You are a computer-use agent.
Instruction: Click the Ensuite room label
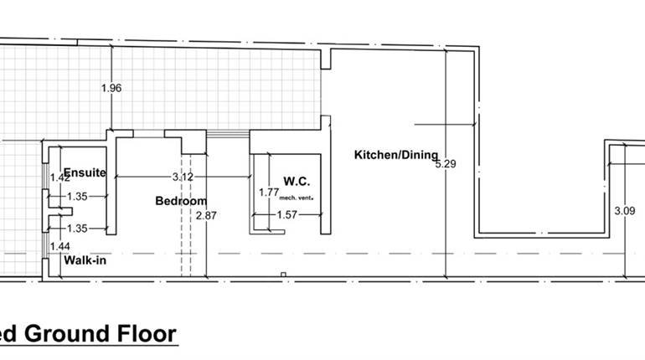pyautogui.click(x=85, y=173)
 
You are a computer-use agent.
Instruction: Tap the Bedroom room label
pyautogui.click(x=181, y=201)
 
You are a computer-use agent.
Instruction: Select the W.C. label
pyautogui.click(x=297, y=181)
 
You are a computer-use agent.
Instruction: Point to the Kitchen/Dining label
pyautogui.click(x=395, y=154)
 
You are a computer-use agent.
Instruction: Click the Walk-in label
pyautogui.click(x=85, y=260)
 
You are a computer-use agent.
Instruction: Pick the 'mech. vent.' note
pyautogui.click(x=297, y=198)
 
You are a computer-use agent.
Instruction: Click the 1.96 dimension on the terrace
pyautogui.click(x=111, y=88)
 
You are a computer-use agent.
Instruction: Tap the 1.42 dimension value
pyautogui.click(x=59, y=177)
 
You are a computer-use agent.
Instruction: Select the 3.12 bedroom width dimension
pyautogui.click(x=183, y=177)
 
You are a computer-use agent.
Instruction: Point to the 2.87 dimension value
pyautogui.click(x=205, y=215)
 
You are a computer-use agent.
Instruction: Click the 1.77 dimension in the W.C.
pyautogui.click(x=268, y=192)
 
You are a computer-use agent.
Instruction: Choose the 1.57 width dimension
pyautogui.click(x=287, y=215)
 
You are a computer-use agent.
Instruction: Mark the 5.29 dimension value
pyautogui.click(x=446, y=164)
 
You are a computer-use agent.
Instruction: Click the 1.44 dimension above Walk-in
pyautogui.click(x=59, y=246)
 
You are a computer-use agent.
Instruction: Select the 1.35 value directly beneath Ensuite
pyautogui.click(x=77, y=197)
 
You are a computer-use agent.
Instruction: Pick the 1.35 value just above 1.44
pyautogui.click(x=77, y=228)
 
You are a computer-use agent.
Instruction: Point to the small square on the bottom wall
pyautogui.click(x=283, y=275)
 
